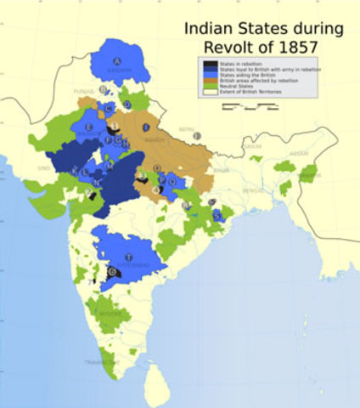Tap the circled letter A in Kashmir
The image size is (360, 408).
[118, 59]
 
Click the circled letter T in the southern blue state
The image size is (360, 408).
[128, 257]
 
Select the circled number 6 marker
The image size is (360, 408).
[112, 271]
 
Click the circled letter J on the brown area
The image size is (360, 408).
[146, 127]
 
